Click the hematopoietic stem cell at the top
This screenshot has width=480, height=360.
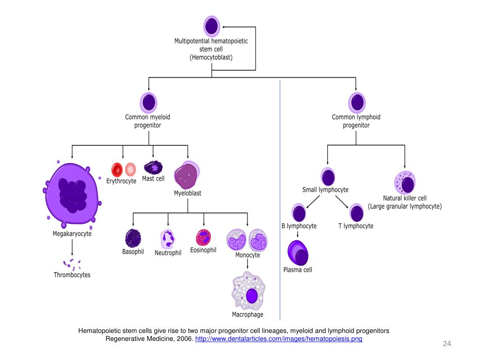pos(211,26)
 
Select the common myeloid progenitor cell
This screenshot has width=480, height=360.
pos(149,103)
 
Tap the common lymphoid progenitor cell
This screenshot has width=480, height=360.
pos(357,103)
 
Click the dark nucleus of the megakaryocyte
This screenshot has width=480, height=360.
pos(72,195)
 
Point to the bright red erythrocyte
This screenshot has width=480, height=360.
pos(117,169)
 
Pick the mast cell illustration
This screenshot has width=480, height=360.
pos(153,167)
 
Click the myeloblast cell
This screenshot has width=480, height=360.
pos(187,175)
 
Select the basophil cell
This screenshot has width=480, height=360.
pos(133,238)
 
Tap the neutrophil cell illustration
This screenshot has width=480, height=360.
pos(168,239)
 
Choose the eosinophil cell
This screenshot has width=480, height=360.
pos(203,237)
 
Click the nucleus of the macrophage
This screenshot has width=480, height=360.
pos(252,296)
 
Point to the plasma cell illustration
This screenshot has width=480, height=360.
pos(298,253)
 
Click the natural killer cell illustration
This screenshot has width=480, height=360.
pos(405,182)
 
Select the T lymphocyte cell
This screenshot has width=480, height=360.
pos(357,213)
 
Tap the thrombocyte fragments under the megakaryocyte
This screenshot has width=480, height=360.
pos(72,264)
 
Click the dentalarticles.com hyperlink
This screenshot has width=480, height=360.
pos(278,339)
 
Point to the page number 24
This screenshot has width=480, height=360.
pos(447,344)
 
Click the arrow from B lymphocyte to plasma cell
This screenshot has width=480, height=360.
pos(298,234)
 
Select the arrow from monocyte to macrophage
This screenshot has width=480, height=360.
pos(247,264)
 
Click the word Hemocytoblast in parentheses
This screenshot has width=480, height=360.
pos(211,57)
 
